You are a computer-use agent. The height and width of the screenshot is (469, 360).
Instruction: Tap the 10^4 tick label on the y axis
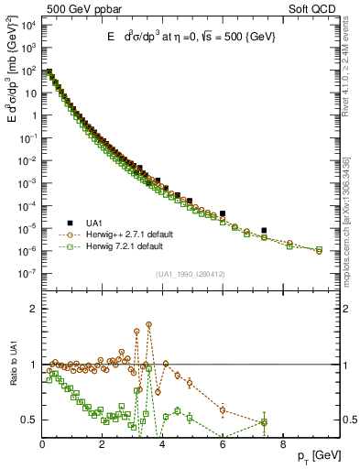coord(28,24)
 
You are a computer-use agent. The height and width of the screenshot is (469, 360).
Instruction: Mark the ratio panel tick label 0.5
coord(27,420)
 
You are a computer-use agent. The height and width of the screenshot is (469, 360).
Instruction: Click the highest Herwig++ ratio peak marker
coord(148,324)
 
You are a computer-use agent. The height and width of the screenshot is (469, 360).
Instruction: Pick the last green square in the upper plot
coord(319,250)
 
